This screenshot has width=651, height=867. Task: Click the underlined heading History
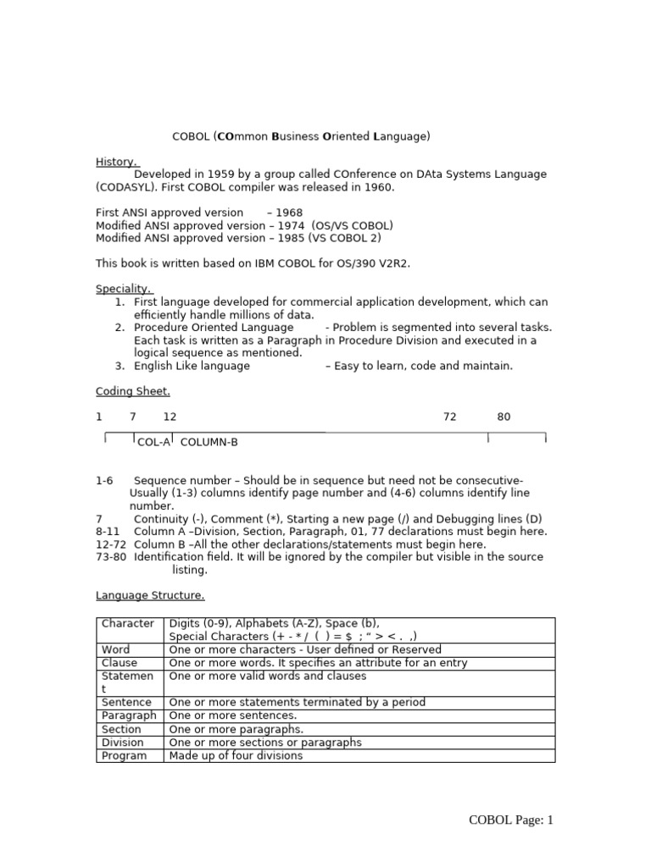(x=116, y=161)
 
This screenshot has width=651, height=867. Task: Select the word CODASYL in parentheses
(x=126, y=186)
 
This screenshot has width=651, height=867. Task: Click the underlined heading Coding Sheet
(x=132, y=391)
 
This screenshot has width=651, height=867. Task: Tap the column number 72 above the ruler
(x=450, y=417)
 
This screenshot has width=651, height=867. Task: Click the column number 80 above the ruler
(x=504, y=417)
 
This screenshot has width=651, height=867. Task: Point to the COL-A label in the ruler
(x=153, y=442)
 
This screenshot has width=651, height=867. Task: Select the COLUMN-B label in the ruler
(x=209, y=442)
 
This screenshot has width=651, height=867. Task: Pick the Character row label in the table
(x=127, y=624)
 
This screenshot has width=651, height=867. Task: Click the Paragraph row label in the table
(x=129, y=715)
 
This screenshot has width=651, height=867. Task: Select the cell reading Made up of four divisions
(x=236, y=755)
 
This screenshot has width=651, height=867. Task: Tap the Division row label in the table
(x=124, y=742)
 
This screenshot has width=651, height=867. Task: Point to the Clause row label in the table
(x=120, y=663)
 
